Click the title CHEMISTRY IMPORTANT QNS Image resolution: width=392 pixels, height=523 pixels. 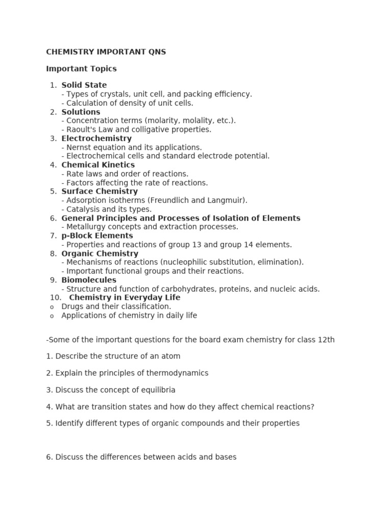106,52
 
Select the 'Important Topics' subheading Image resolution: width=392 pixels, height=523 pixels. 81,68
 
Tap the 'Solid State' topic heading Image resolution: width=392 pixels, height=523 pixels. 84,85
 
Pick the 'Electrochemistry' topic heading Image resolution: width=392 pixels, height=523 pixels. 96,138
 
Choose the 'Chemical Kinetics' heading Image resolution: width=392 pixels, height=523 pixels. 98,165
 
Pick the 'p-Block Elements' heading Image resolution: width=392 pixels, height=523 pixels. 97,236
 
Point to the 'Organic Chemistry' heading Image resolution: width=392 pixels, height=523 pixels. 100,254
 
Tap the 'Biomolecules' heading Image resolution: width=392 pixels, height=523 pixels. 89,280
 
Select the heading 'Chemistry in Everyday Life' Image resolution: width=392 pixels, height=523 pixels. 125,298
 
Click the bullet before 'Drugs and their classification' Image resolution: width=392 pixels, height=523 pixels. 52,307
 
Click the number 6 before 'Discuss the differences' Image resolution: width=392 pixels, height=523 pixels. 48,457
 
